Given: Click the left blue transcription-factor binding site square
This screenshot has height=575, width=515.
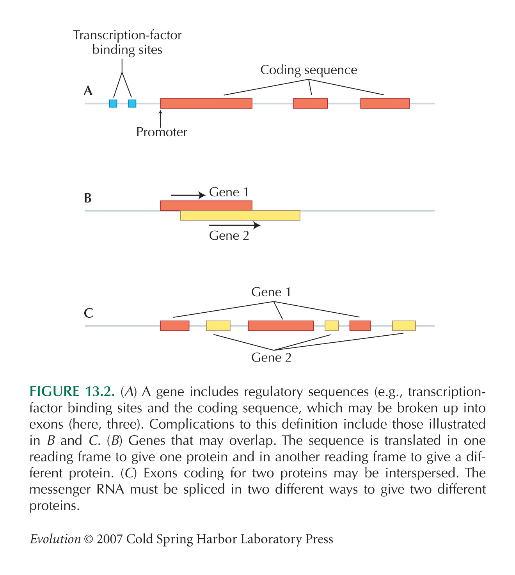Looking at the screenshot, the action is pos(113,103).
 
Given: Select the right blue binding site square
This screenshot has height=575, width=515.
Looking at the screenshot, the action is pos(132,103).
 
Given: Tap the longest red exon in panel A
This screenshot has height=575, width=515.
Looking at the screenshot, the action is pos(206,103).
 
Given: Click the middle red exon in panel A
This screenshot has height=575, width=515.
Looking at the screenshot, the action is pos(310,103).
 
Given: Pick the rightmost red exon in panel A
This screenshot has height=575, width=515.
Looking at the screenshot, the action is pos(385,103).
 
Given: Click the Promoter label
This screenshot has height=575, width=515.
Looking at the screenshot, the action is pos(162,132).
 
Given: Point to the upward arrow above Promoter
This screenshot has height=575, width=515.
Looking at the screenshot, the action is pos(161,119).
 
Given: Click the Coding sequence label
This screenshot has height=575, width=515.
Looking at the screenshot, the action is pos(309,70).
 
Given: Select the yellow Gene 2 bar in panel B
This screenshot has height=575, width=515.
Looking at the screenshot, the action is pos(240,215).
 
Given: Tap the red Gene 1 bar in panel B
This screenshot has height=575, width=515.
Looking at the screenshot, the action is pos(206,205).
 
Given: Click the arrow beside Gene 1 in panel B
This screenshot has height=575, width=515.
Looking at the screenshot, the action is pos(188,195).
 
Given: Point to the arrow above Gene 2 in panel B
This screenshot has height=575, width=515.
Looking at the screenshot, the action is pos(234,225).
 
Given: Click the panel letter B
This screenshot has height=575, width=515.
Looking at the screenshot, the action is pos(88,198).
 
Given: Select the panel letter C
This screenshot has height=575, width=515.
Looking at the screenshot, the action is pos(88,313).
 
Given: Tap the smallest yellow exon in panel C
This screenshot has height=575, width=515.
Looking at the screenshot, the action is pos(332,326).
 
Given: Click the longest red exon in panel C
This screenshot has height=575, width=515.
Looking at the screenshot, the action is pos(281,326).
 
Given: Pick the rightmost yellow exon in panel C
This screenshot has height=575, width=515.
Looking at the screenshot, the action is pos(404,326).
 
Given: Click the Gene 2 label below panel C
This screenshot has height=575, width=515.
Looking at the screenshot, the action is pos(271,358).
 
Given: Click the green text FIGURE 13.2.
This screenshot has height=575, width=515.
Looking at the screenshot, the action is pos(72,392).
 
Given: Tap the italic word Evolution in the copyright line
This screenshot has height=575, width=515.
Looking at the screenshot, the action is pos(55,539).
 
